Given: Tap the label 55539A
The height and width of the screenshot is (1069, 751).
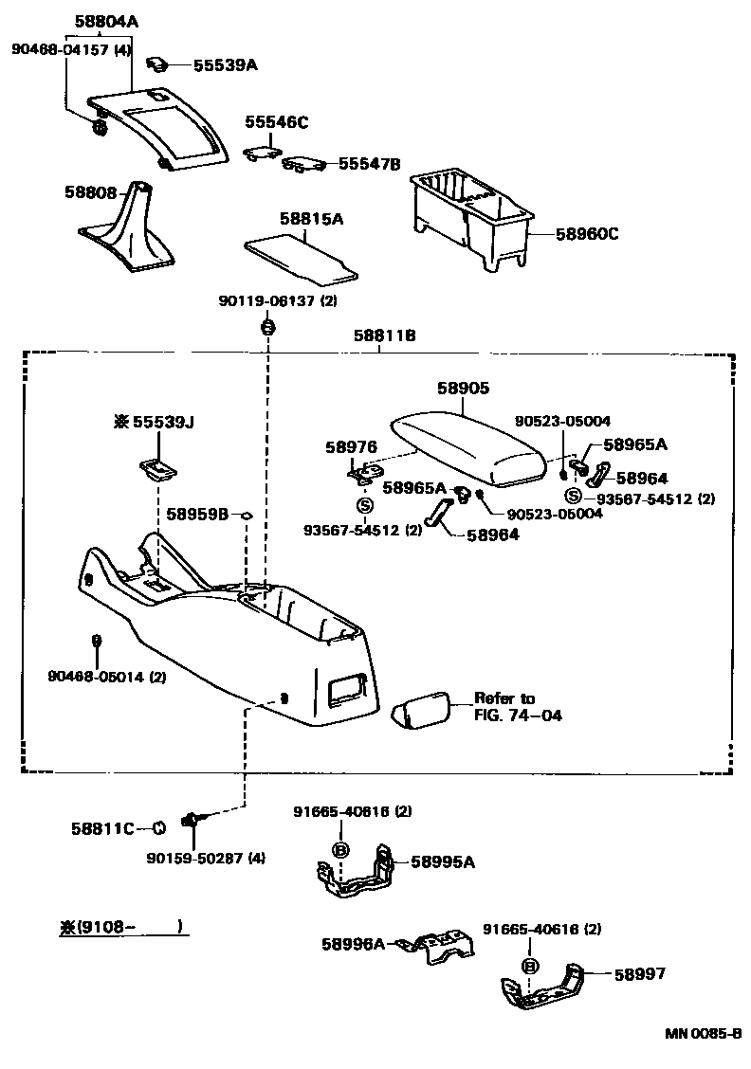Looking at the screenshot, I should tap(226, 65).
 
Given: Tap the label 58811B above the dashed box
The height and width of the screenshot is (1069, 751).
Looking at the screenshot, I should tap(385, 336).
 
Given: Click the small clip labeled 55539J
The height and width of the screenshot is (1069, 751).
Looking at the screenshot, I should tap(157, 468).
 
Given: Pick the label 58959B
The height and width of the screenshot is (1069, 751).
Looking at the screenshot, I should tap(196, 514).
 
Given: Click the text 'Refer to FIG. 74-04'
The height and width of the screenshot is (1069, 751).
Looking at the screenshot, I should tap(517, 707).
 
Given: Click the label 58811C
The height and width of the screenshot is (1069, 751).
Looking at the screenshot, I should tap(102, 828).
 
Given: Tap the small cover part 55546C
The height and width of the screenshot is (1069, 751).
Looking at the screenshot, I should tap(262, 153).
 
